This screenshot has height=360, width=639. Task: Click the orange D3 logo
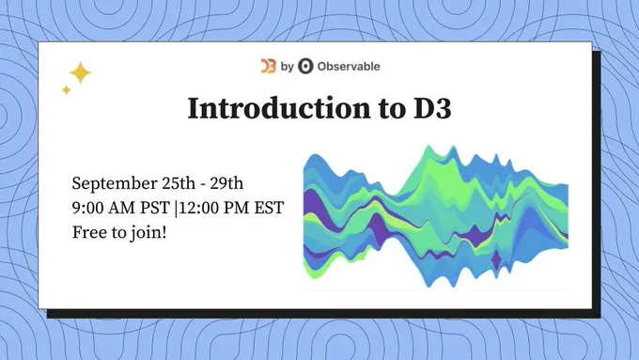tap(269, 66)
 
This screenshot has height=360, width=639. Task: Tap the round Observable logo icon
tap(305, 66)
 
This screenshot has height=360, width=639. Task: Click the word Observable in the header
tap(349, 66)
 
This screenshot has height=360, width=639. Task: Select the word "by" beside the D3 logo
tap(287, 67)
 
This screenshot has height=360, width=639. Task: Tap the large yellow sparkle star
tap(81, 72)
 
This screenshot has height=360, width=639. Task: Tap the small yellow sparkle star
tap(66, 89)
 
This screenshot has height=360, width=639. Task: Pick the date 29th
tap(226, 183)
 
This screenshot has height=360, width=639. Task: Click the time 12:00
tap(198, 208)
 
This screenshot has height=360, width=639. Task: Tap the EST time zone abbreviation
tap(269, 208)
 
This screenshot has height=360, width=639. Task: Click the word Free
tap(87, 232)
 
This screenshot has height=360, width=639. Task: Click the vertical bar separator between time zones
tap(176, 208)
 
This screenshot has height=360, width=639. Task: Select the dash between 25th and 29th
tap(203, 184)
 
